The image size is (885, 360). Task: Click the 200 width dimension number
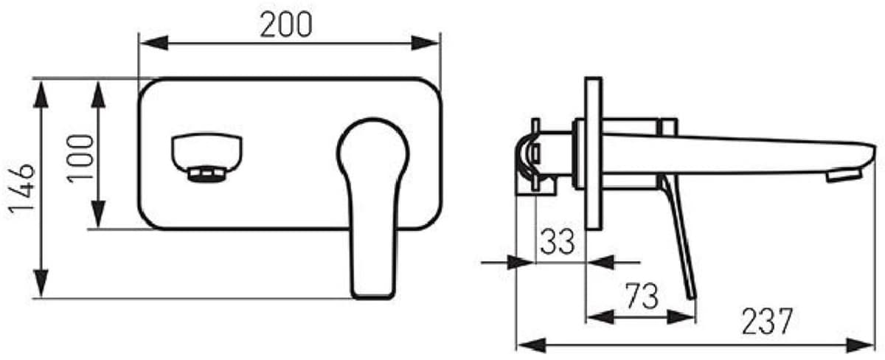[286, 24]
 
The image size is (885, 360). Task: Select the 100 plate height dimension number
[80, 159]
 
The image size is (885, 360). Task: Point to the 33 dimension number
[557, 241]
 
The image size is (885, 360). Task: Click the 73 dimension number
[642, 296]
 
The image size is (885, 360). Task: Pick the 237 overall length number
[767, 322]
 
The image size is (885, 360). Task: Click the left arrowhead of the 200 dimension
[154, 43]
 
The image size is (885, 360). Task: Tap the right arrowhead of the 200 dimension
[425, 43]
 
